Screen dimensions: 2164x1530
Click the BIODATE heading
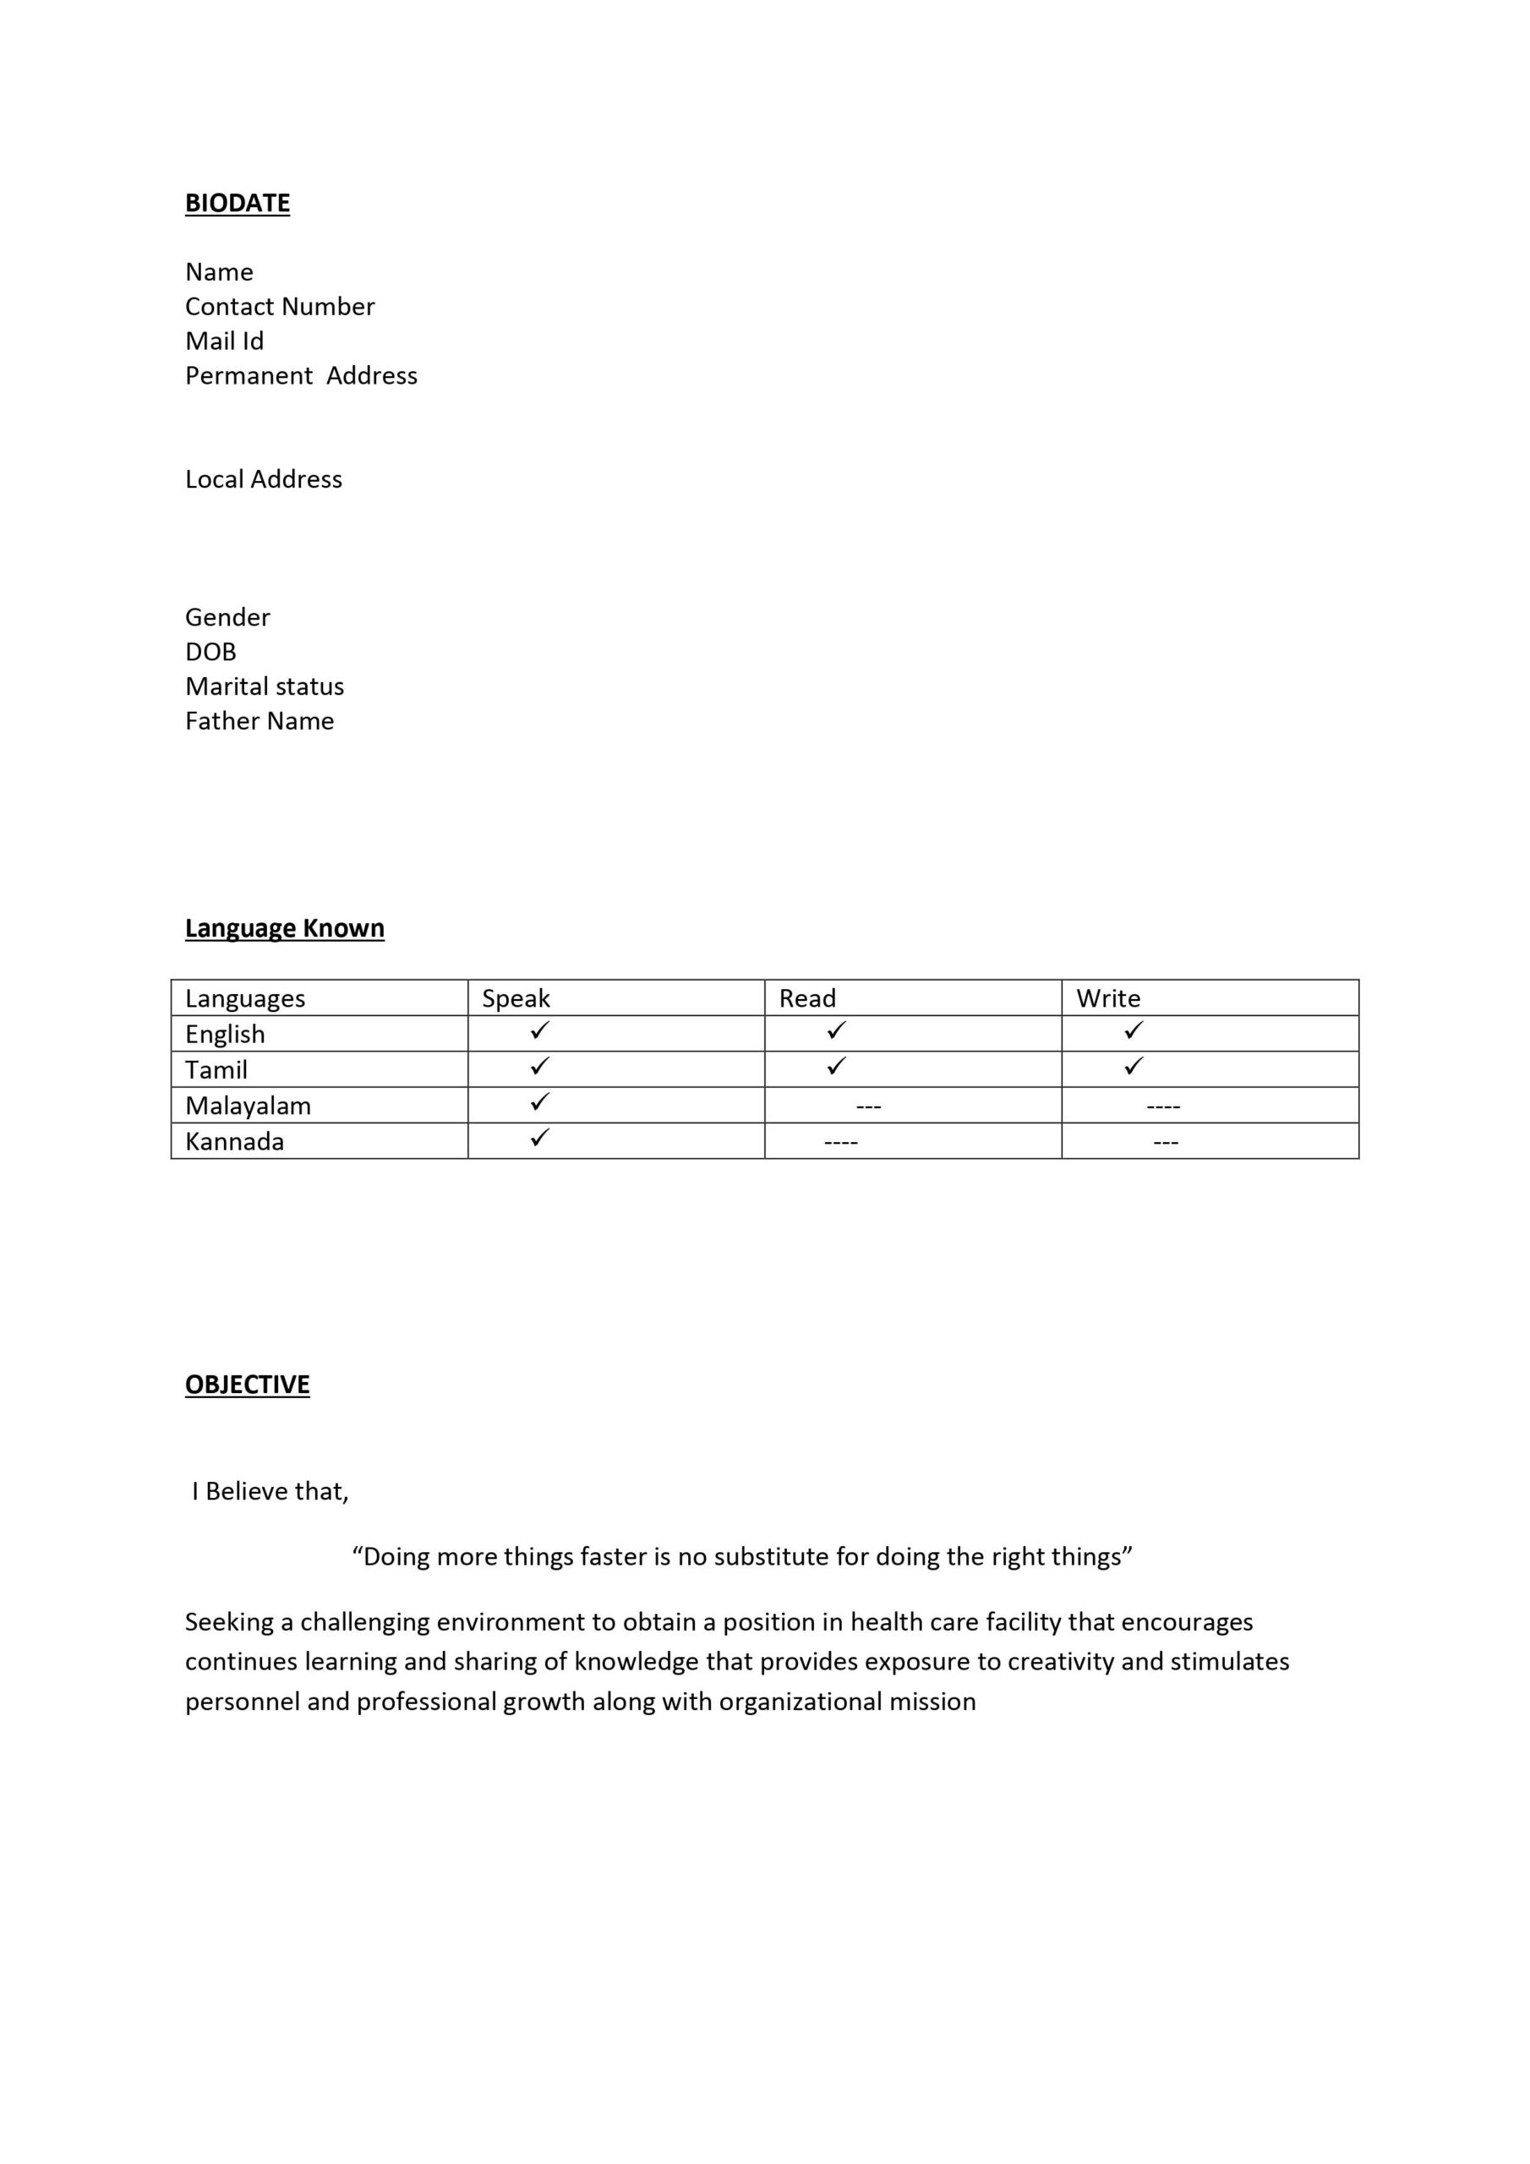[237, 203]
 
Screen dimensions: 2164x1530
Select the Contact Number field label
[279, 306]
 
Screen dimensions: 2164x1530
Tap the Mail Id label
[224, 341]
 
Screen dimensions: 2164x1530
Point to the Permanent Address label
[301, 375]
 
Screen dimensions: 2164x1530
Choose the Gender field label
[227, 617]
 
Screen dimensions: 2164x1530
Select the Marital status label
[264, 686]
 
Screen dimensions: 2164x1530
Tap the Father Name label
[260, 721]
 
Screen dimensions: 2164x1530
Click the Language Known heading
[284, 928]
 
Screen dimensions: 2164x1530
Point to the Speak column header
[516, 998]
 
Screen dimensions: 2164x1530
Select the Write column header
[1107, 998]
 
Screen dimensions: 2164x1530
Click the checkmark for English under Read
[836, 1031]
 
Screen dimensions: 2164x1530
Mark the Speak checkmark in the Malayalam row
[539, 1101]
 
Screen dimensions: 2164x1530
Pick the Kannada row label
[234, 1141]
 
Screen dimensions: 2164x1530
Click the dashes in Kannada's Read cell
[840, 1142]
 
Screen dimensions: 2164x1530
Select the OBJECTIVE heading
[247, 1385]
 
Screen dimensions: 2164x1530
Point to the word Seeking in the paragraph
[227, 1622]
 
